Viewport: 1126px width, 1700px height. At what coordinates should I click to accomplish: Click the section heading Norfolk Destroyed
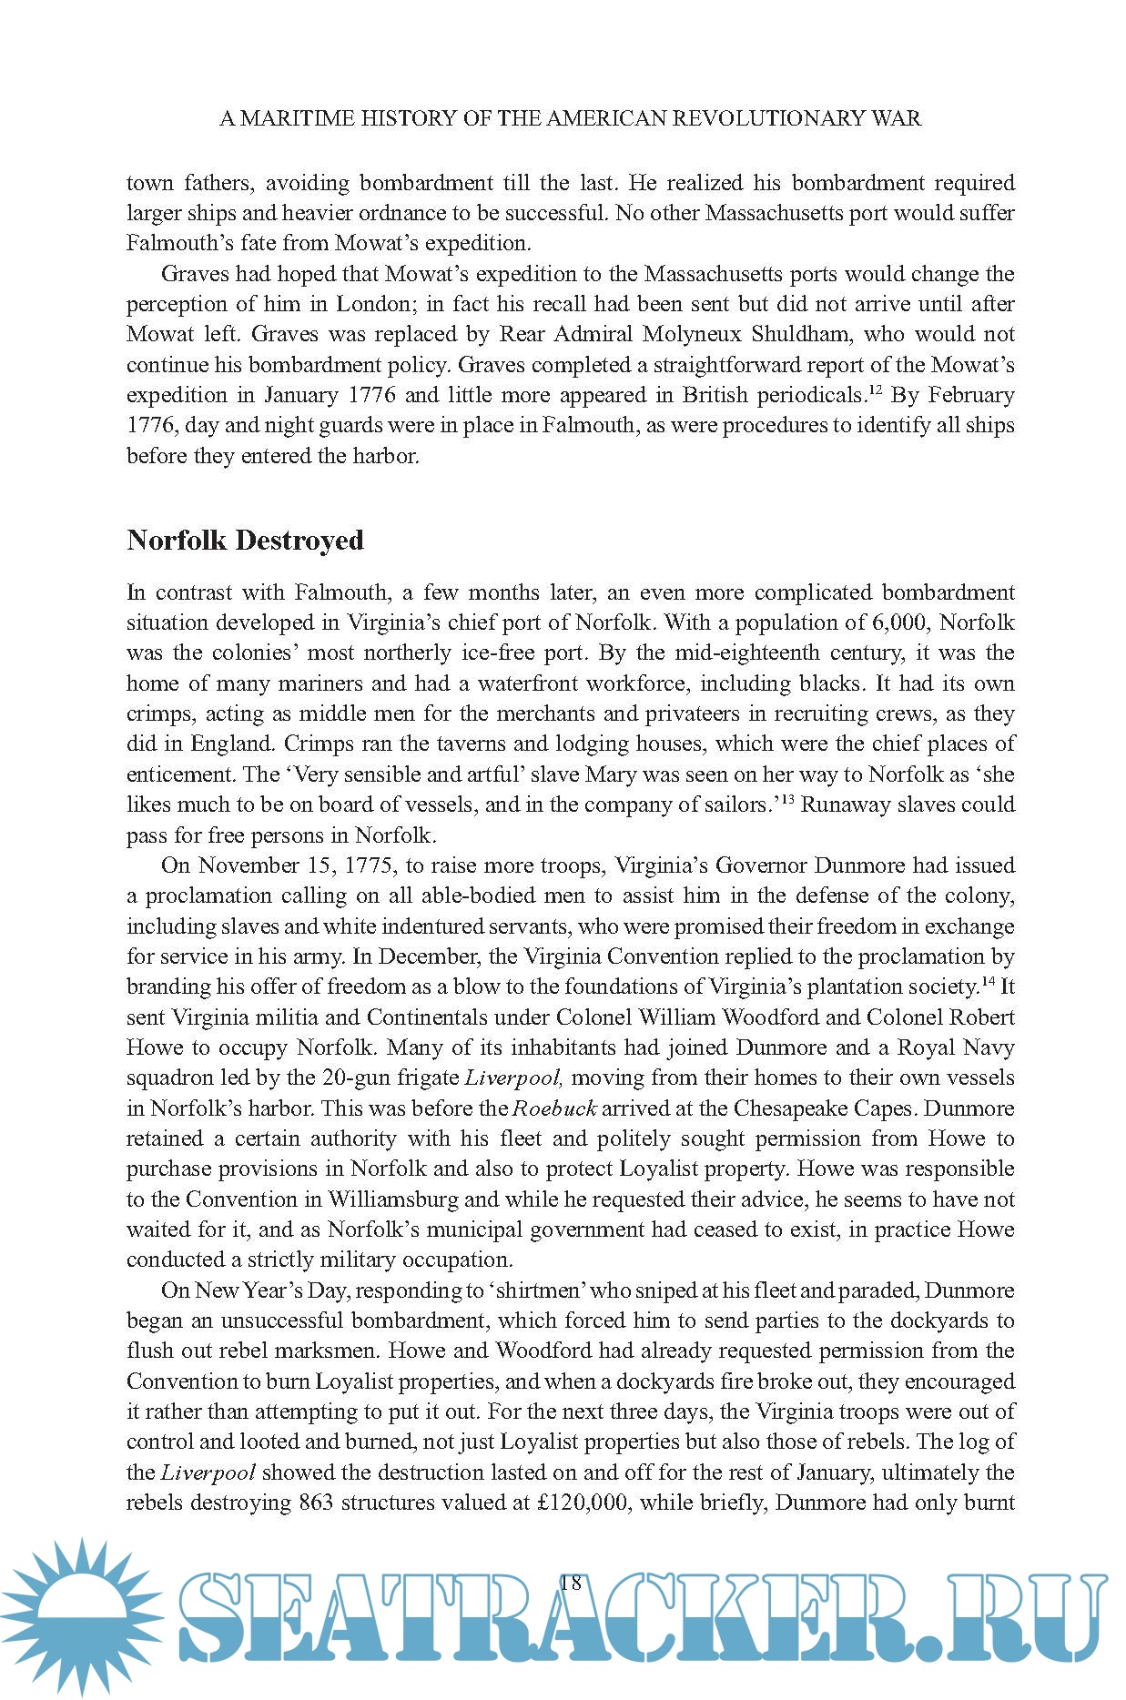pyautogui.click(x=245, y=540)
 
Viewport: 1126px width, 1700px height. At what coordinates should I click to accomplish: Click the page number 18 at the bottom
pyautogui.click(x=570, y=1582)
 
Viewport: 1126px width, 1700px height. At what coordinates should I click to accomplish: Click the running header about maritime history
pyautogui.click(x=570, y=118)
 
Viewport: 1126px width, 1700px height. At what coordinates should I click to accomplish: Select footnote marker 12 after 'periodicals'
pyautogui.click(x=874, y=390)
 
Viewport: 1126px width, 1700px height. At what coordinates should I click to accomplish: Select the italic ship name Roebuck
pyautogui.click(x=554, y=1108)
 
